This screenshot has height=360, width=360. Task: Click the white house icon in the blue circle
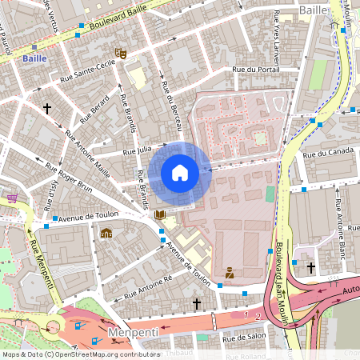point(180,172)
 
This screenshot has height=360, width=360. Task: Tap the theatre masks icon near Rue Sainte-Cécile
point(121,53)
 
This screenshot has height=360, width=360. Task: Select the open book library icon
point(160,215)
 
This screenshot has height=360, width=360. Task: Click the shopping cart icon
point(12,198)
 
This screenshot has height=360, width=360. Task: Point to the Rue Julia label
point(137,150)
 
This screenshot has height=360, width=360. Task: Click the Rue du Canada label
point(328,153)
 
